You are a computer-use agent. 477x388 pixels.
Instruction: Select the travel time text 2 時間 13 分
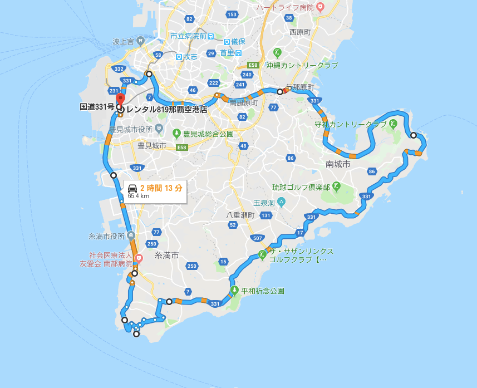[x=161, y=188]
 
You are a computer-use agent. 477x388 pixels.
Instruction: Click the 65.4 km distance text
[x=139, y=196]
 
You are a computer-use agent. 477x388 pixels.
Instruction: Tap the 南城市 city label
[x=338, y=164]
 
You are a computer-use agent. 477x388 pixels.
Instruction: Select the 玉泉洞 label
[x=264, y=203]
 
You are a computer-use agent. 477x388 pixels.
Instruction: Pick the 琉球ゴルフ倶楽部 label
[x=301, y=187]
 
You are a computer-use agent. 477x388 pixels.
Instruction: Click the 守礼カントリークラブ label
[x=350, y=124]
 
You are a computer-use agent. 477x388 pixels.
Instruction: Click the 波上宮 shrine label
[x=123, y=41]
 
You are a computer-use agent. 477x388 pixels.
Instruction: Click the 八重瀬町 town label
[x=240, y=215]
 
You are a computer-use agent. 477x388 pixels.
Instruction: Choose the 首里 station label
[x=227, y=53]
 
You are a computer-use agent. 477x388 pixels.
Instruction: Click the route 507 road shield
[x=257, y=238]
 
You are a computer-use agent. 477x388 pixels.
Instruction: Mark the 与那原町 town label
[x=299, y=87]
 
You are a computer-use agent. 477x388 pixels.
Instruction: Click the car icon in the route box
[x=132, y=187]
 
